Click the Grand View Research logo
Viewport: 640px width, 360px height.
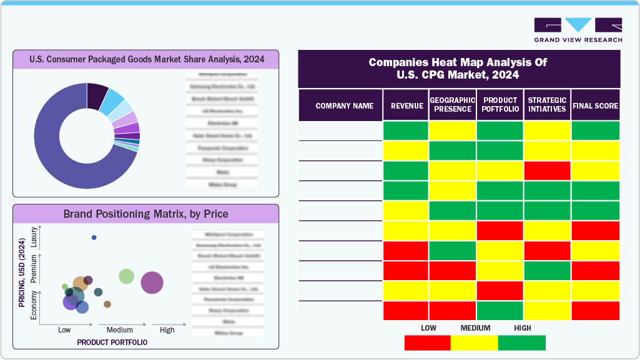[578, 29]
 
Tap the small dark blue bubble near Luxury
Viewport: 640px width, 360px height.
[94, 238]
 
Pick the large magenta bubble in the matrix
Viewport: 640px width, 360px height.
[152, 283]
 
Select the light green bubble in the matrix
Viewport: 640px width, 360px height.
[126, 276]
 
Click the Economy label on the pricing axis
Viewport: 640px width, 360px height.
[34, 305]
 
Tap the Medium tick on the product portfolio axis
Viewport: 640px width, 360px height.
[119, 330]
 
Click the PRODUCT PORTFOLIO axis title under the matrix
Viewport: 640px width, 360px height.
[112, 343]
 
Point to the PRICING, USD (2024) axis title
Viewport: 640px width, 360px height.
[22, 274]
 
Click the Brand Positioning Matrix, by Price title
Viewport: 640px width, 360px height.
[146, 214]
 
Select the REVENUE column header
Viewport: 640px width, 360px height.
[406, 105]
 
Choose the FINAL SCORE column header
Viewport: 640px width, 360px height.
[595, 105]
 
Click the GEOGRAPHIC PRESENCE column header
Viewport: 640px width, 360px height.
[452, 105]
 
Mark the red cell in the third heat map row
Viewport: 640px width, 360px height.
[546, 171]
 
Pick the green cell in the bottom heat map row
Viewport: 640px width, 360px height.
[500, 311]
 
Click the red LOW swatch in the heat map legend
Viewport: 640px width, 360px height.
[428, 343]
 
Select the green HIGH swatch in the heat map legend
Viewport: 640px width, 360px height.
[522, 343]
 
